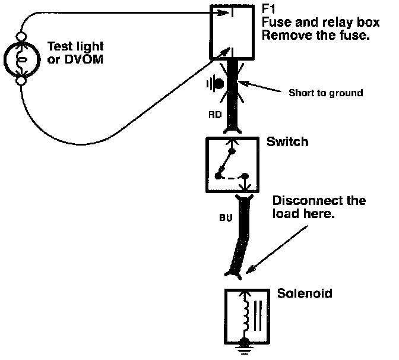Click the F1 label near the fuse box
pos(268,9)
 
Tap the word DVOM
pos(84,59)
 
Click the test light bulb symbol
pos(21,59)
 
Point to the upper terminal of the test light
pos(21,37)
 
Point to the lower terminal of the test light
pos(21,81)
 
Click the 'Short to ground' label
pos(326,93)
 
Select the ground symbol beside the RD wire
pos(216,83)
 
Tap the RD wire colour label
pos(215,115)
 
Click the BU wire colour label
pos(226,217)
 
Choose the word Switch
pos(287,141)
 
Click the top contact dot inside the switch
pos(232,151)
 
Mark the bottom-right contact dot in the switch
pos(245,176)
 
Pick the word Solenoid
pos(305,293)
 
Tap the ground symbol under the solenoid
pos(245,347)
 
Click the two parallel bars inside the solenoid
pos(258,316)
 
